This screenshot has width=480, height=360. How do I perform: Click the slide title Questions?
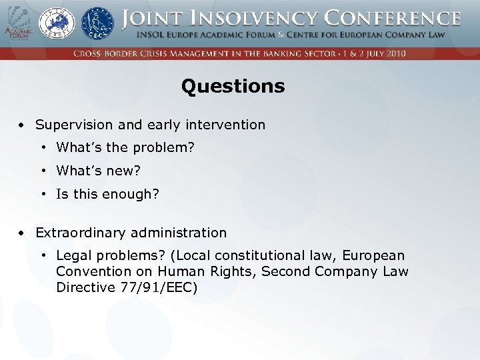233,87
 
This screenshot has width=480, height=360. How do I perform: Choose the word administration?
179,233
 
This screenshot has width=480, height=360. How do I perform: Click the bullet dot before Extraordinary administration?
22,233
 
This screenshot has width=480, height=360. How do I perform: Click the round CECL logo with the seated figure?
97,23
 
